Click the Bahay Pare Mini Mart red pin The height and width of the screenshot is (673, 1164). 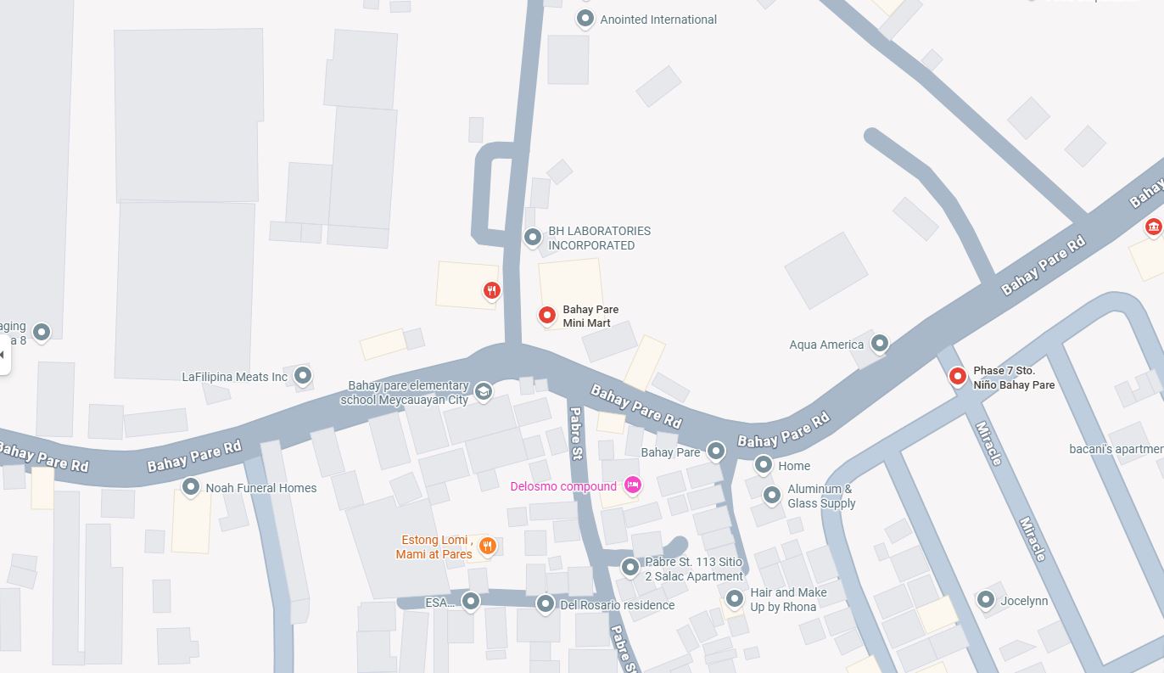(547, 315)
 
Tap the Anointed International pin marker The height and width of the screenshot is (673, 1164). (585, 18)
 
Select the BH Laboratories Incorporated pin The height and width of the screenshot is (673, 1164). (532, 237)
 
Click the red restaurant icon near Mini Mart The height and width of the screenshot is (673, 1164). (491, 291)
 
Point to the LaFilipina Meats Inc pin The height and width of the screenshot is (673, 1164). (302, 375)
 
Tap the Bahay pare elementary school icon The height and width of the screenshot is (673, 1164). (483, 391)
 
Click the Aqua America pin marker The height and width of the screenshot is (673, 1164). (880, 343)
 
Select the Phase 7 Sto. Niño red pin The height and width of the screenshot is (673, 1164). (958, 376)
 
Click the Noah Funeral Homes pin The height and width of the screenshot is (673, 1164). (191, 487)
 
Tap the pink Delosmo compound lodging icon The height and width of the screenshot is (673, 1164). (632, 485)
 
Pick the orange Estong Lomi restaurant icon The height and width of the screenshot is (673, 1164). (487, 546)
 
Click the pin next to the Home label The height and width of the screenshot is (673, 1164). (763, 464)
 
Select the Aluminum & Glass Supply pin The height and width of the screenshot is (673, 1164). (771, 495)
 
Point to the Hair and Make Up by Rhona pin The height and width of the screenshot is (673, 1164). (734, 598)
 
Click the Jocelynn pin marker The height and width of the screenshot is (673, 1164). (985, 600)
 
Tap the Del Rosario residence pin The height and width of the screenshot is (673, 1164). (546, 603)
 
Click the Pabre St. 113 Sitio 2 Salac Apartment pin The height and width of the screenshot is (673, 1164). (630, 566)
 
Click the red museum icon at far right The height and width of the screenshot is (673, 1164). (1153, 227)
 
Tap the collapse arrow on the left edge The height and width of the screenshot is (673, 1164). (3, 354)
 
